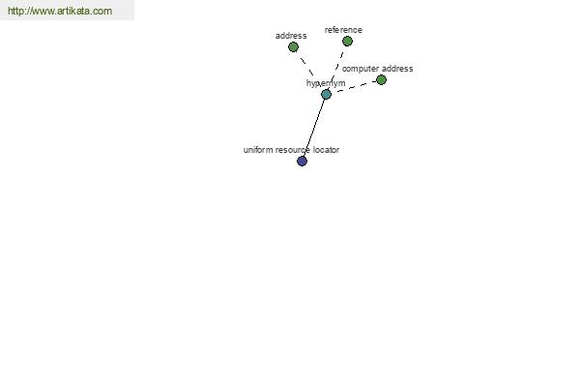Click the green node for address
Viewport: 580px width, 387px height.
(x=293, y=47)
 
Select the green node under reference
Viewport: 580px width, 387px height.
(x=347, y=41)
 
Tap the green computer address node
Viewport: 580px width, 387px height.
(x=381, y=80)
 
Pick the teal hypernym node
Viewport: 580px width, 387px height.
(x=326, y=95)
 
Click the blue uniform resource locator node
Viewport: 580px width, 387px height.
(x=302, y=162)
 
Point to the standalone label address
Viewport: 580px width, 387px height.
(x=291, y=36)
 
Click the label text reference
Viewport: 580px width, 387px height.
(x=343, y=30)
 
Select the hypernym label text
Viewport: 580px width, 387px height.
(x=326, y=83)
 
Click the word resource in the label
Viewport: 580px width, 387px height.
(x=293, y=150)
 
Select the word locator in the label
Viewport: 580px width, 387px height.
(x=326, y=150)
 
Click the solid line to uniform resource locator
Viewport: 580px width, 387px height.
(x=314, y=128)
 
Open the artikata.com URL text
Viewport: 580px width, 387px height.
(x=60, y=11)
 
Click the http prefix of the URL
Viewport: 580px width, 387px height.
(x=15, y=11)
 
